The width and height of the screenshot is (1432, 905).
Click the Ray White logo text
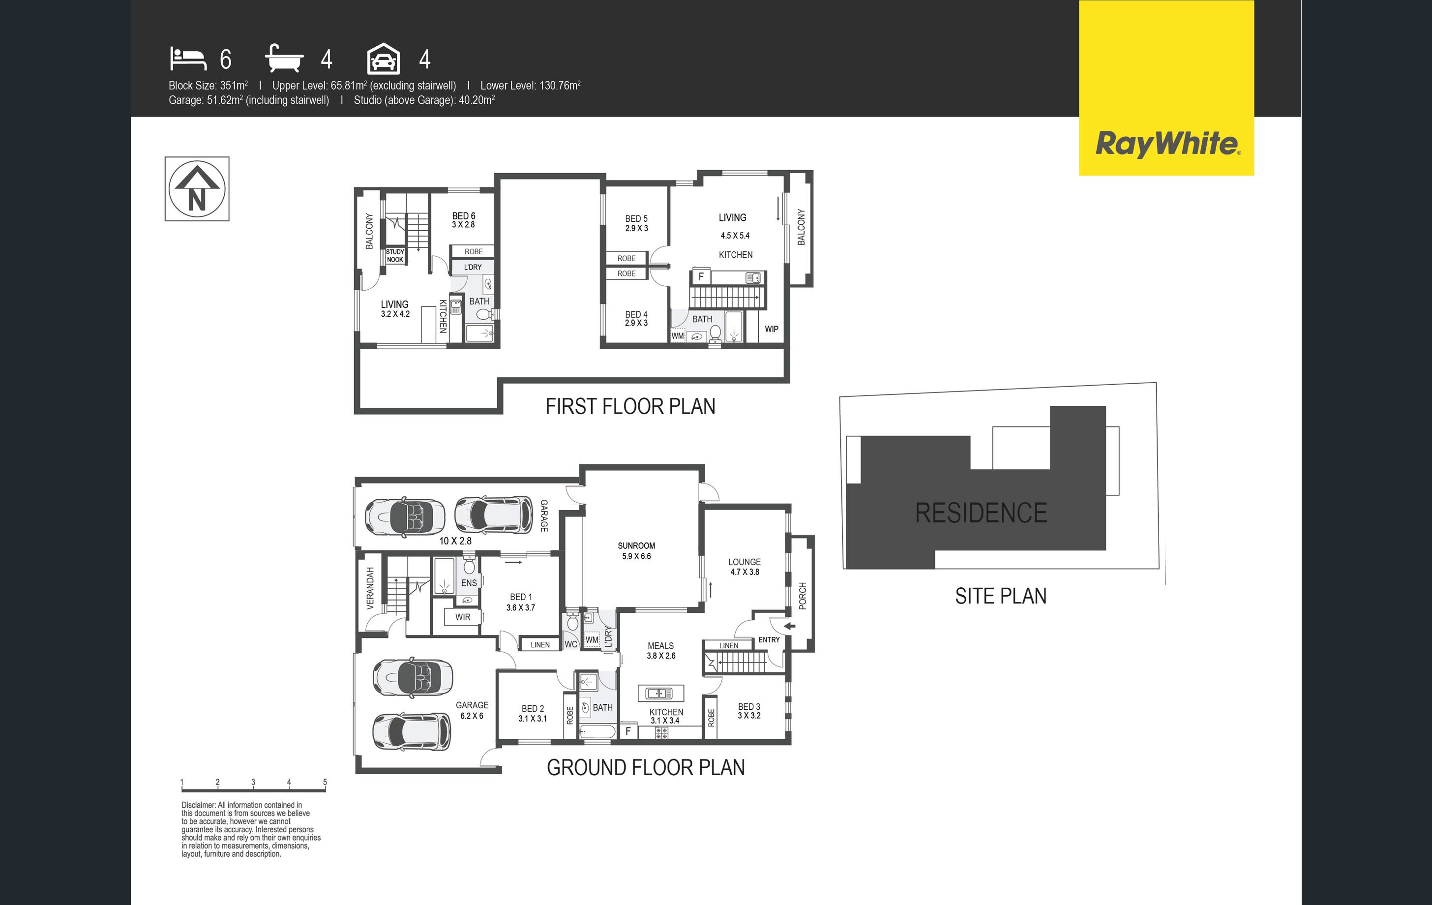pos(1167,144)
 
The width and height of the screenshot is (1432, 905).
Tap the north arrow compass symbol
pos(197,188)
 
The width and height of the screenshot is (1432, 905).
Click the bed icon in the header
pos(188,59)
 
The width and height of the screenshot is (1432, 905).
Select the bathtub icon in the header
pos(284,58)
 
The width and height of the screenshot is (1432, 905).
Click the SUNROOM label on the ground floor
pos(636,546)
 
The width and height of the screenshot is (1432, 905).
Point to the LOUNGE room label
pos(745,562)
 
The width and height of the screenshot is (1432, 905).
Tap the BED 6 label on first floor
pos(464,216)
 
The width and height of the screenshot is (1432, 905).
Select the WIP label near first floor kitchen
pos(771,329)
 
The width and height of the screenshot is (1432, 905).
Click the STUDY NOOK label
pos(395,256)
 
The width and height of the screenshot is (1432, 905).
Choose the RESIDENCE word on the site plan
pos(981,513)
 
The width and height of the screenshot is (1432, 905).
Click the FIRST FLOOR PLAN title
pos(630,406)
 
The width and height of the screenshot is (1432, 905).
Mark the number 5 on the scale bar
pos(325,782)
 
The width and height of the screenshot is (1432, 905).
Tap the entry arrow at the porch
pos(789,626)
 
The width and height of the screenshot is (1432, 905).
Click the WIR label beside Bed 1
pos(463,617)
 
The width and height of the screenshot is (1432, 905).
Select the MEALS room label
pos(661,646)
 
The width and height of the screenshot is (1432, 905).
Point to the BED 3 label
pos(749,707)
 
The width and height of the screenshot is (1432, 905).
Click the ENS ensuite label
pos(469,583)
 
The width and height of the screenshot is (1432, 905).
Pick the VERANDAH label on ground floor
pos(370,588)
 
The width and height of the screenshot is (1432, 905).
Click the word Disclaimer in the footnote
pos(199,805)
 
